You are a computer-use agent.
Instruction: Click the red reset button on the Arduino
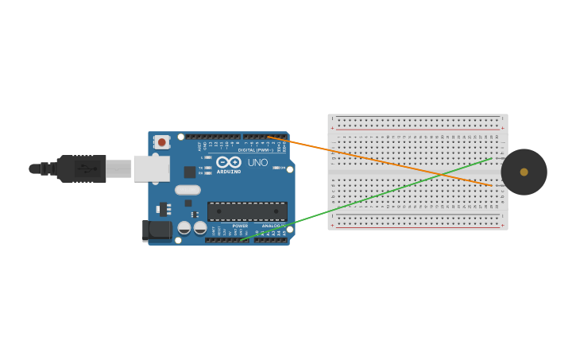tap(162, 142)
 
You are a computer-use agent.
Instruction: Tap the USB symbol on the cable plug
tap(88, 168)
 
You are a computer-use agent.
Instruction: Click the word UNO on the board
tap(257, 163)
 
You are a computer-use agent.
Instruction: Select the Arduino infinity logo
tap(229, 162)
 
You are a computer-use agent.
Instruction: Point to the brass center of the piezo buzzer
tap(524, 172)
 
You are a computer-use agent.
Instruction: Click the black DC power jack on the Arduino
tap(157, 230)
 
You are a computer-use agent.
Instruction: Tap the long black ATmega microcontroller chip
tap(247, 211)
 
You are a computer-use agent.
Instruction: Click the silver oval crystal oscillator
tap(188, 190)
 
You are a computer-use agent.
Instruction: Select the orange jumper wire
tap(381, 161)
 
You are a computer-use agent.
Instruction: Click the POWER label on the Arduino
tap(240, 226)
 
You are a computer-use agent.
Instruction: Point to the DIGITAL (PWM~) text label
tap(256, 149)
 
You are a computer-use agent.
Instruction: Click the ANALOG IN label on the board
tap(273, 226)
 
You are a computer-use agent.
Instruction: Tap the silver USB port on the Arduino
tap(151, 168)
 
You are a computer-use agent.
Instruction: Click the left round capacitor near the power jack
tap(184, 228)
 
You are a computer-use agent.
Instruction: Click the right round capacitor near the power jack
tap(200, 228)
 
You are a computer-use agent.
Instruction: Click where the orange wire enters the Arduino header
tap(269, 137)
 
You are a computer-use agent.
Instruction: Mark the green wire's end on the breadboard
tap(492, 158)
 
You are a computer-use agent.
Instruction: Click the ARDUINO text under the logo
tap(229, 172)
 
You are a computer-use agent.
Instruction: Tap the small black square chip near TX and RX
tap(190, 172)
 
